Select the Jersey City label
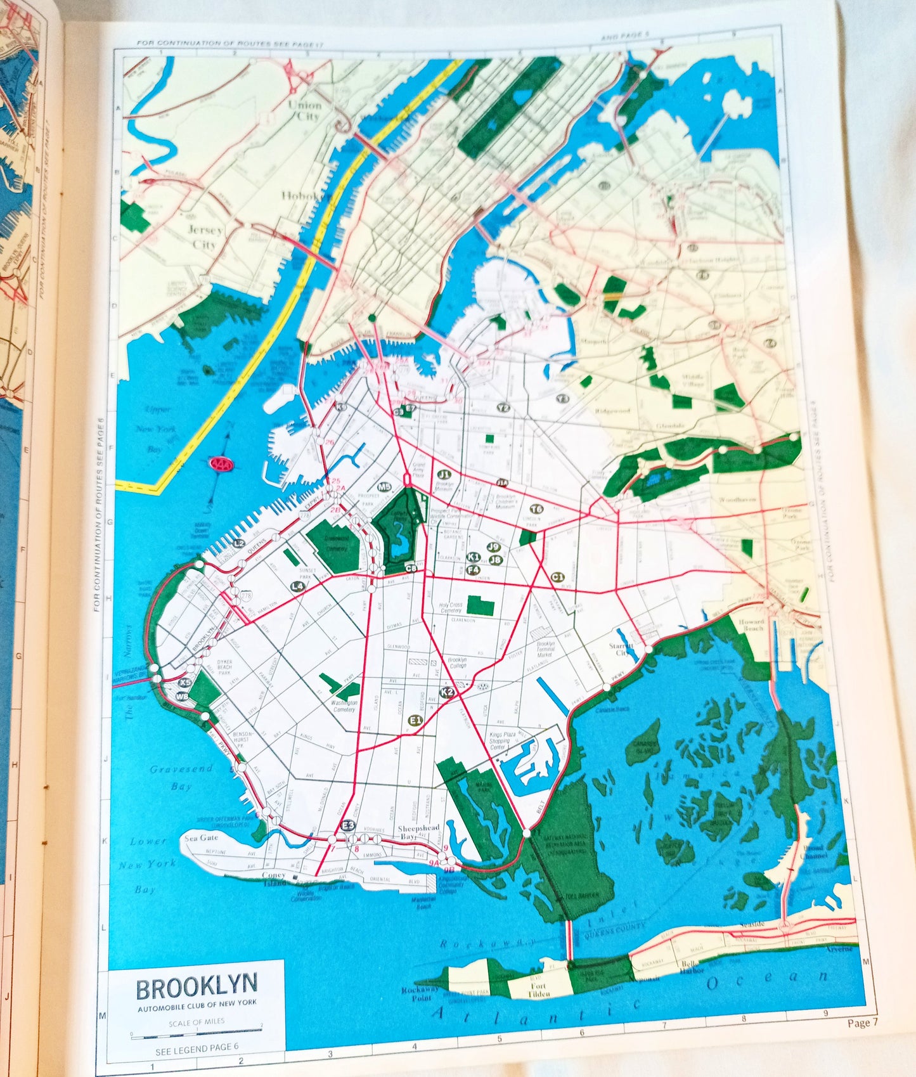(x=204, y=236)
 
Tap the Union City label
(x=305, y=111)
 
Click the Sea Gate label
(x=200, y=837)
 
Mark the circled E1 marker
(x=415, y=720)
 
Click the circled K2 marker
(x=448, y=692)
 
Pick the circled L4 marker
(x=297, y=587)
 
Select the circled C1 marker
(x=557, y=576)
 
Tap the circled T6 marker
(x=536, y=509)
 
